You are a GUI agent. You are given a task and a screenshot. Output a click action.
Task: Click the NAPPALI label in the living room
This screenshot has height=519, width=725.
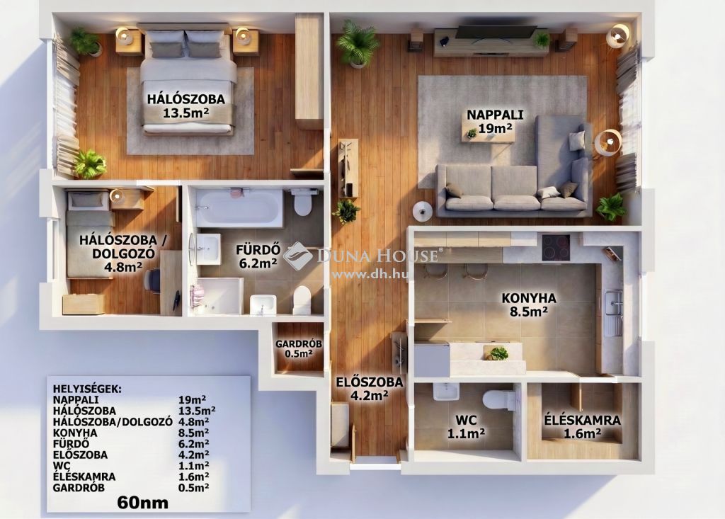(x=495, y=114)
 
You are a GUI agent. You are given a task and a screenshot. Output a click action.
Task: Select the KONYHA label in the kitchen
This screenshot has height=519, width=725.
(x=529, y=298)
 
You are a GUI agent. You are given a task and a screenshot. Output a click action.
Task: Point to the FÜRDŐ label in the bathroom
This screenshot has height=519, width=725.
(x=258, y=250)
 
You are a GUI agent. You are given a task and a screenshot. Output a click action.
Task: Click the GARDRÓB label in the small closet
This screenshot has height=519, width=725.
(x=299, y=344)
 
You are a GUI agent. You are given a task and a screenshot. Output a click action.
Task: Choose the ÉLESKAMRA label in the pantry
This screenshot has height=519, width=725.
(x=582, y=421)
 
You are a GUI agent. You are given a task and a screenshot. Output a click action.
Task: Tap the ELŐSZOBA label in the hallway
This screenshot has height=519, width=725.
(x=370, y=382)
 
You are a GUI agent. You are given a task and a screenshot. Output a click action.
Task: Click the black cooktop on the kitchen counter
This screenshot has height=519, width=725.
(x=556, y=248)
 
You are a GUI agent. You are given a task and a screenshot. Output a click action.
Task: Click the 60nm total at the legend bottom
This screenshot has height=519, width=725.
(x=143, y=502)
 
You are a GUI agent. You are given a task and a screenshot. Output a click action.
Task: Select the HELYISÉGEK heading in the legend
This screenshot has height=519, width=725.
(x=87, y=389)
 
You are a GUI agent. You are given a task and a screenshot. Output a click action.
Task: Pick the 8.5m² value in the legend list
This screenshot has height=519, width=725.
(x=193, y=433)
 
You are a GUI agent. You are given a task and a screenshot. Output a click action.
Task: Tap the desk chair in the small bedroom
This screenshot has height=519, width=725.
(x=152, y=281)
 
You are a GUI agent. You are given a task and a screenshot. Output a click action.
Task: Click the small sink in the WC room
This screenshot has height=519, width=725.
(x=446, y=392)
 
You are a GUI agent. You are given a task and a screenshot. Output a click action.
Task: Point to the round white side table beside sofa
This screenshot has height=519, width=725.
(x=422, y=211)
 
